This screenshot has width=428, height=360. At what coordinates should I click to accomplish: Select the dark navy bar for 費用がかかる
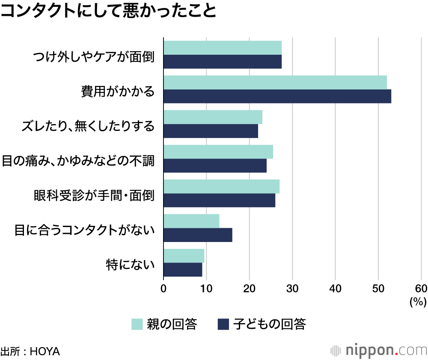pos(277,96)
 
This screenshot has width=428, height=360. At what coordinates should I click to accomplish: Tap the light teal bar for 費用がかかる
pos(275,82)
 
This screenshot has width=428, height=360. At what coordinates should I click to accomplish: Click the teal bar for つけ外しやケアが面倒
pos(223,47)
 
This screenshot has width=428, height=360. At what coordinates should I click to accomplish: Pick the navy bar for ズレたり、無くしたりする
pos(211,131)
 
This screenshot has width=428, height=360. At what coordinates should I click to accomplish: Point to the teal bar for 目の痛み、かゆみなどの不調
pos(218,152)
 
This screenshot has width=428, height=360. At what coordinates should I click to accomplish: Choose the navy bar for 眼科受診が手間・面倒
pos(219,200)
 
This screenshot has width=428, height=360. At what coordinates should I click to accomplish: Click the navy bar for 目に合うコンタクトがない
pos(198,235)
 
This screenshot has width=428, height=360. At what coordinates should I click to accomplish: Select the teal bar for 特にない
pos(184,256)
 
